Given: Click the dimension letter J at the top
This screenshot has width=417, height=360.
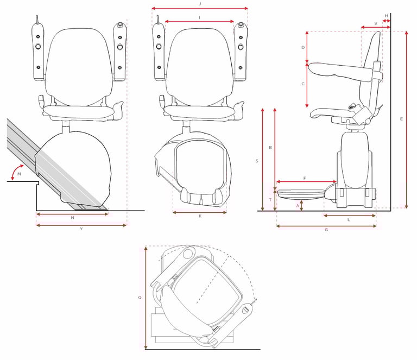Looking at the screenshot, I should [x=200, y=3].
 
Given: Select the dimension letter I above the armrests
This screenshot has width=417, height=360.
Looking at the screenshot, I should [x=200, y=17].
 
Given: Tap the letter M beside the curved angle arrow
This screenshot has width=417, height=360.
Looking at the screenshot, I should [x=18, y=174].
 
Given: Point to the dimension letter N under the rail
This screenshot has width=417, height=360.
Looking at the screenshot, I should [x=72, y=218].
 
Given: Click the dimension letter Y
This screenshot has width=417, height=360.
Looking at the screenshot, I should [x=81, y=229].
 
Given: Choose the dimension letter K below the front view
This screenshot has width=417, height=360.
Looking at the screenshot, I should [x=200, y=216].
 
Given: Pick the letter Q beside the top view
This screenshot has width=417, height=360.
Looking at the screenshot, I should [x=140, y=298].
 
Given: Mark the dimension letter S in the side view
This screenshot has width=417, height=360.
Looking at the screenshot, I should [x=256, y=161].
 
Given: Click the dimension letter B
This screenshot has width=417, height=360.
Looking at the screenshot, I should [x=270, y=148].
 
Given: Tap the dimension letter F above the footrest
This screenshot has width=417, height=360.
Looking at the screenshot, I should [x=305, y=178].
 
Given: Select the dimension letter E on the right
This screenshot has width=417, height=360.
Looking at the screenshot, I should [x=401, y=118].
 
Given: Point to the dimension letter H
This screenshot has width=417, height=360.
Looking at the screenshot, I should [x=386, y=15].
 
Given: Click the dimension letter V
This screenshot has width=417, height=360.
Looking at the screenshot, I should [x=376, y=24].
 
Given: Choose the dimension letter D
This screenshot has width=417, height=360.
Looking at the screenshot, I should [x=302, y=48].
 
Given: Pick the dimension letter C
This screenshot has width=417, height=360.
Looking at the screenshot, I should [x=302, y=84].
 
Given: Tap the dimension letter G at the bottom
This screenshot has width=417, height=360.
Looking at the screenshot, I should [x=326, y=230].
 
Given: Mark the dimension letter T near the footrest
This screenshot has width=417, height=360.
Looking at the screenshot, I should [x=270, y=200].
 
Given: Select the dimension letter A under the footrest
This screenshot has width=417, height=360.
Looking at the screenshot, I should [x=297, y=206].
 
